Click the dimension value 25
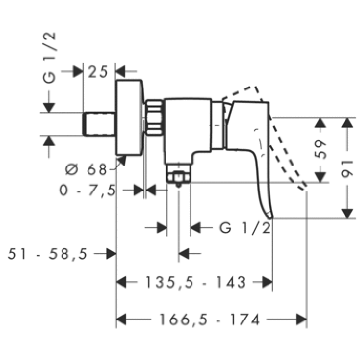tap(98, 71)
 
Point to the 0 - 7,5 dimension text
tap(87, 190)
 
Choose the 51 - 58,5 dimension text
tap(49, 254)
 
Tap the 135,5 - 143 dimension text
tap(195, 282)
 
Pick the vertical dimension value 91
tap(348, 168)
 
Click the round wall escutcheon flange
tap(128, 117)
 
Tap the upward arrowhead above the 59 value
tap(320, 122)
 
